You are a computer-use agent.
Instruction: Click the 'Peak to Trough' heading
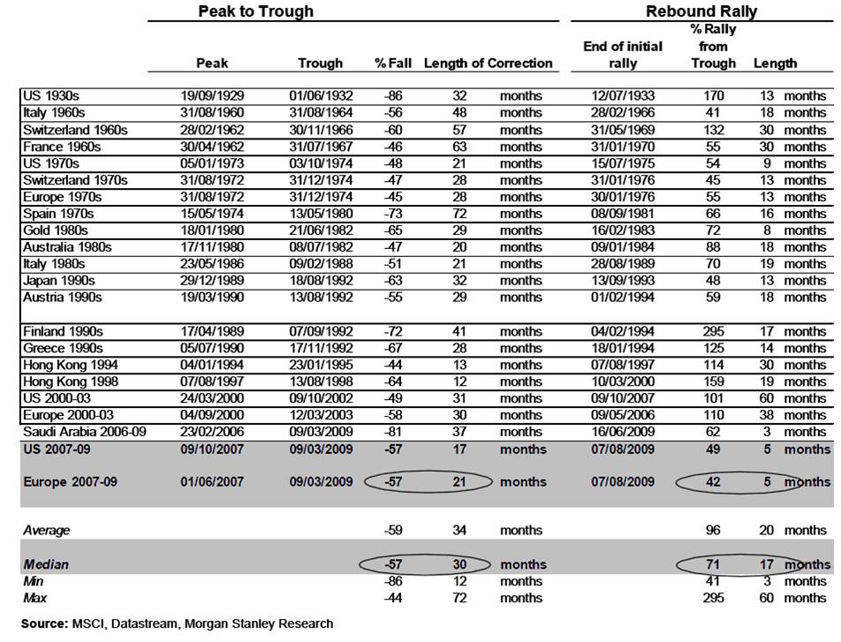[x=255, y=11]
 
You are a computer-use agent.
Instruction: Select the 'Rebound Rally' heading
[x=701, y=11]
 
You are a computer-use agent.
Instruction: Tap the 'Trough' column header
[x=320, y=63]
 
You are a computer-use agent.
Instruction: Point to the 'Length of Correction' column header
[x=488, y=63]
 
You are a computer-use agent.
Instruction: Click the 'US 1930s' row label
[x=50, y=96]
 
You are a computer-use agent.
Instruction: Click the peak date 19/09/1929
[x=209, y=96]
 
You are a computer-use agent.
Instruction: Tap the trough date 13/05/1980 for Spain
[x=320, y=214]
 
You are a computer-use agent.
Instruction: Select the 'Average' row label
[x=47, y=531]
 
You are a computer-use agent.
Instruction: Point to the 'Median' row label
[x=45, y=564]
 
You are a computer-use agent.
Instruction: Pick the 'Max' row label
[x=34, y=598]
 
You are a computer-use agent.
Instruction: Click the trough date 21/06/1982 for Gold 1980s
[x=320, y=230]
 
